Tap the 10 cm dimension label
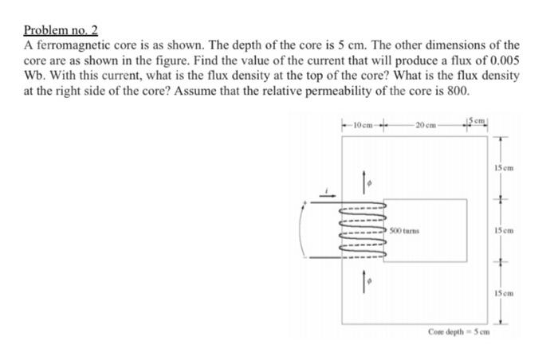360,125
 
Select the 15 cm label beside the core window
502,231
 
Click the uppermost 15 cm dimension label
502,168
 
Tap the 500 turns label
406,229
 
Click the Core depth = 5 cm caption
458,330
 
